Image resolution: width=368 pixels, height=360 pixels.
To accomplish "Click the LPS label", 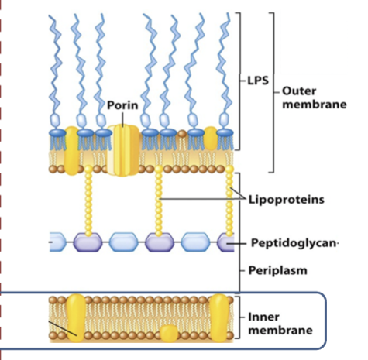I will pyautogui.click(x=258, y=81).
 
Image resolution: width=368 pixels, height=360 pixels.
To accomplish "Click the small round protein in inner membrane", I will pyautogui.click(x=169, y=334).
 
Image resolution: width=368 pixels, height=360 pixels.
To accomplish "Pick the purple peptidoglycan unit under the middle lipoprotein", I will pyautogui.click(x=160, y=243).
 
